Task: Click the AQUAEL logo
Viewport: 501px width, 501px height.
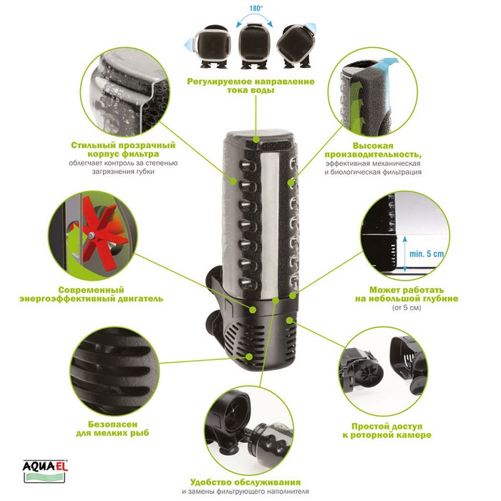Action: pos(45,470)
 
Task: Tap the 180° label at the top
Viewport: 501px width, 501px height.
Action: pos(256,9)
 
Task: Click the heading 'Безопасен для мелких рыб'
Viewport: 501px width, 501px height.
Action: pos(112,429)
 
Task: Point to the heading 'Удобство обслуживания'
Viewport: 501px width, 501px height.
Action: pos(245,482)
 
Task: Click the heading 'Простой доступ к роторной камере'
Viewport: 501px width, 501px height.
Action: pos(387,431)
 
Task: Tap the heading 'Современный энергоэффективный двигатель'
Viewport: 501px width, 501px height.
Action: pos(91,295)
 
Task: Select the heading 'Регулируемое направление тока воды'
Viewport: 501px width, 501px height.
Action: pos(250,86)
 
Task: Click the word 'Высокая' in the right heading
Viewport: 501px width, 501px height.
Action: pos(373,146)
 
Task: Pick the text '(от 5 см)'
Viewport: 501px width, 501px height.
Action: pos(407,308)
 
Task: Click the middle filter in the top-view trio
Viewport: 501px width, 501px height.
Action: pos(253,47)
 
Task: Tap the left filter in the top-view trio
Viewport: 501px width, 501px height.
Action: pos(212,47)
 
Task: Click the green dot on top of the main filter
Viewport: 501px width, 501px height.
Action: pos(256,140)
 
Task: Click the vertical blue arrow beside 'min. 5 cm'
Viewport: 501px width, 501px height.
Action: pos(405,254)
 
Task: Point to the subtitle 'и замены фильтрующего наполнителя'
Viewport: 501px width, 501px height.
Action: pos(245,492)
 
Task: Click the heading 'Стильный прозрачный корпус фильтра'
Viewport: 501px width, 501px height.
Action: pos(123,150)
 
